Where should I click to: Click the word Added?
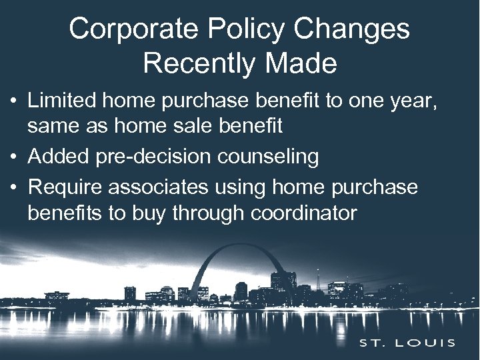click(56, 157)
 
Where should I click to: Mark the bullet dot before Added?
click(13, 157)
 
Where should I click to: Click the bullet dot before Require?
click(13, 189)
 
